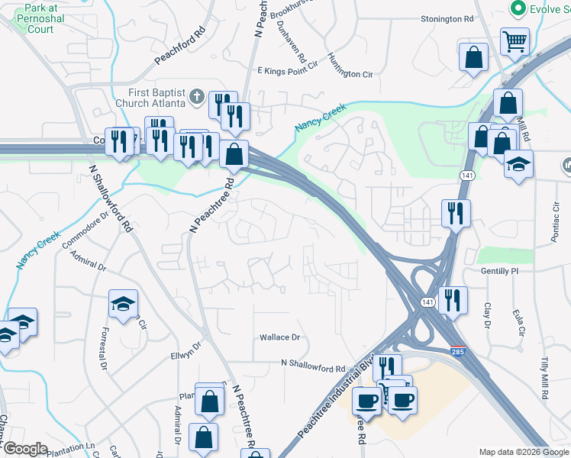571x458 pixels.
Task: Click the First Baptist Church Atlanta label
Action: [150, 96]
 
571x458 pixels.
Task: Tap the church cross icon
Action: [197, 97]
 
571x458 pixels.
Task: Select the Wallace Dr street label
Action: [280, 337]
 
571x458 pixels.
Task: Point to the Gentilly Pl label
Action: [500, 271]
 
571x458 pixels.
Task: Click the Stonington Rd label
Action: [452, 19]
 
